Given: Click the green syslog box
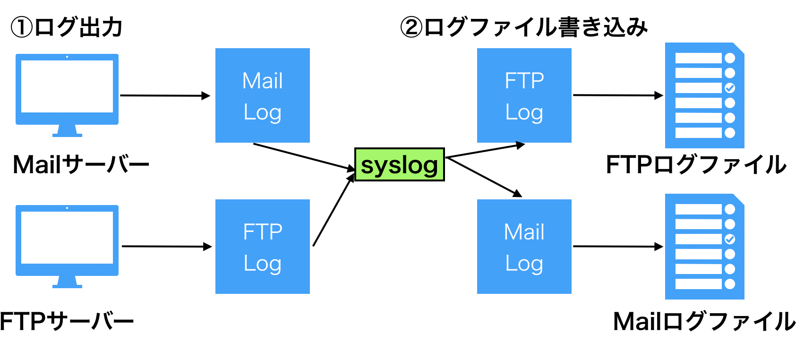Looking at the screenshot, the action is [x=400, y=164].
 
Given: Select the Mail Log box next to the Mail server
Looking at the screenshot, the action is [x=262, y=95].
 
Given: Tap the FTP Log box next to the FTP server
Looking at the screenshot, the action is [x=262, y=247].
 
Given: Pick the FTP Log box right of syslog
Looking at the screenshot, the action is [x=524, y=95].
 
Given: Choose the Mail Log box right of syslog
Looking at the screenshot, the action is [x=524, y=247].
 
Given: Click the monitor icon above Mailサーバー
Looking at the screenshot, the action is [x=67, y=95].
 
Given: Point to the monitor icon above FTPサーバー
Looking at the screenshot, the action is [x=67, y=246].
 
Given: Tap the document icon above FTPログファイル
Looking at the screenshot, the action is [x=705, y=95].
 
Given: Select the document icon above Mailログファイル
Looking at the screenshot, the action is [x=705, y=247].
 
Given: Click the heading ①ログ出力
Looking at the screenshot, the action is [x=67, y=27].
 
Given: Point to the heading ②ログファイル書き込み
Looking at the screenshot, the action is [x=524, y=27].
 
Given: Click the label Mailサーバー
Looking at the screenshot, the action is [x=81, y=165].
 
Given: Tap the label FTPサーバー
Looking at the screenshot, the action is [x=67, y=321].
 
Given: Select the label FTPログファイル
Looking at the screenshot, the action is [x=696, y=165].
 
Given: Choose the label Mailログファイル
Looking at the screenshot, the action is [x=704, y=321].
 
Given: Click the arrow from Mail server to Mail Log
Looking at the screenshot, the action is [x=165, y=95].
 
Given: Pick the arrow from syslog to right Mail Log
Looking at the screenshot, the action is [x=484, y=177].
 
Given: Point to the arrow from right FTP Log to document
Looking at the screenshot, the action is [x=618, y=95].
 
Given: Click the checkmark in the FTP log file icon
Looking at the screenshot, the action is [x=730, y=88].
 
